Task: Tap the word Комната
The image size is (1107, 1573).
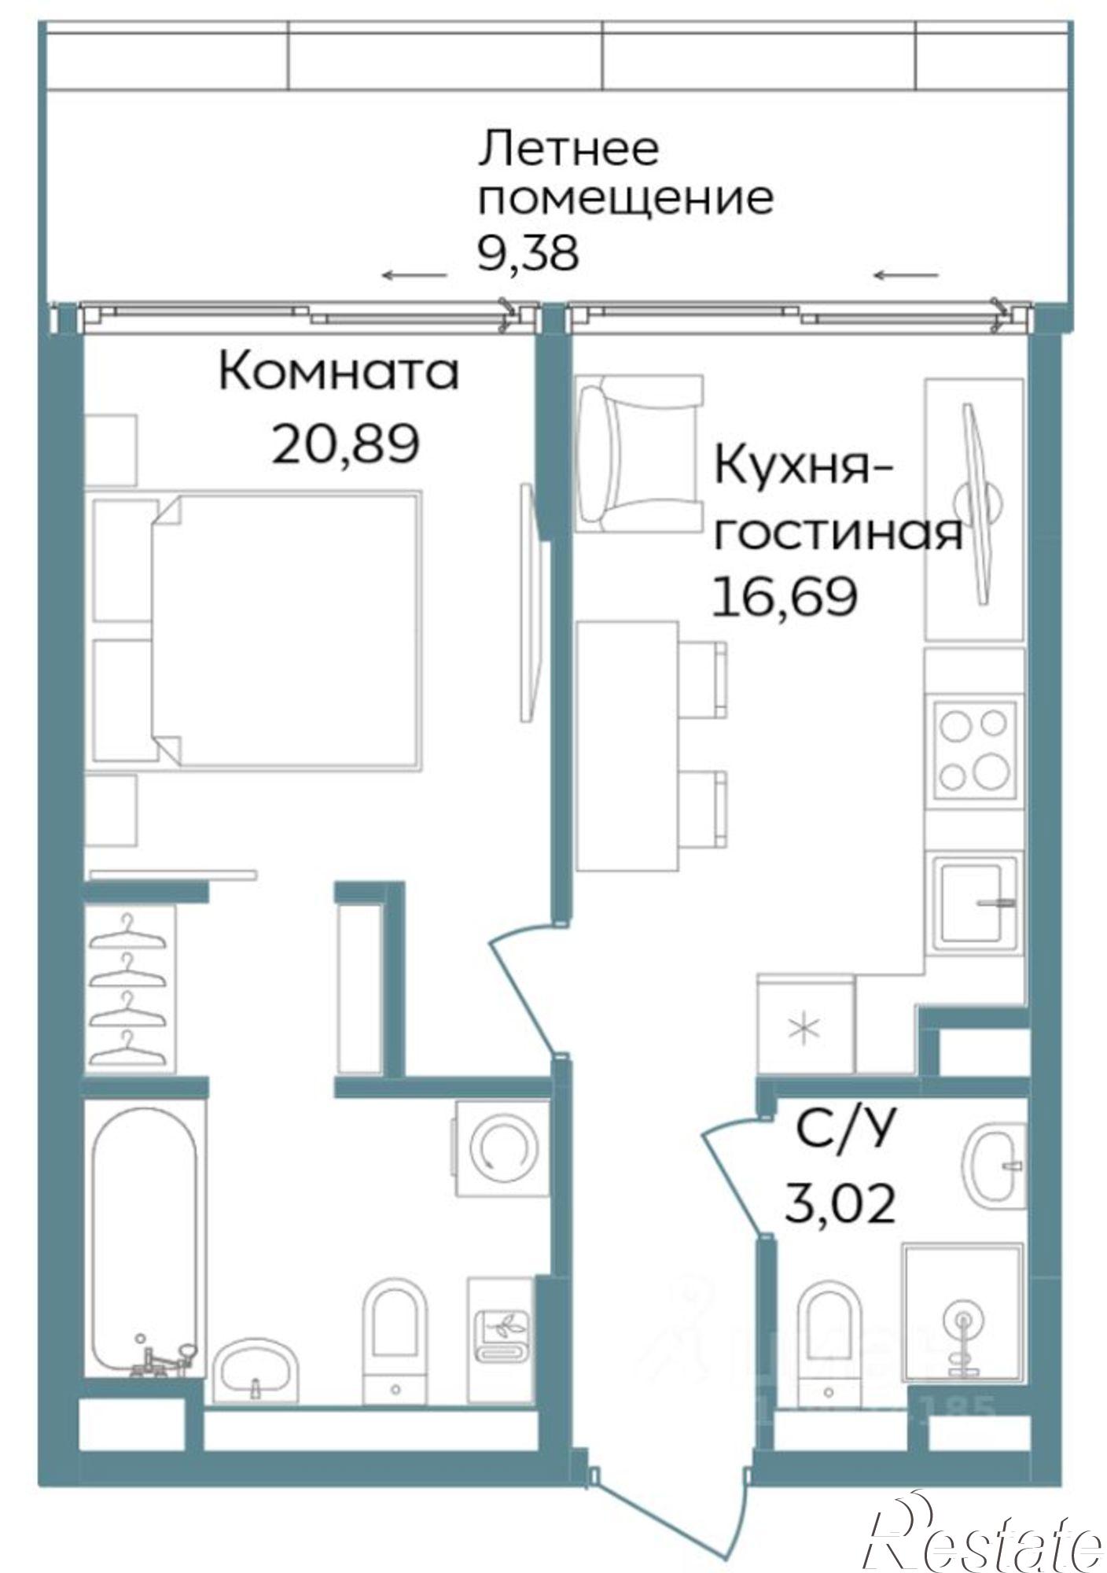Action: point(338,372)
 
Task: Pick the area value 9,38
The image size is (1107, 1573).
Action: point(528,253)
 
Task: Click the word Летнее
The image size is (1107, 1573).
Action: point(568,149)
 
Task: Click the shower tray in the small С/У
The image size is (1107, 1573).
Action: point(962,1313)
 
